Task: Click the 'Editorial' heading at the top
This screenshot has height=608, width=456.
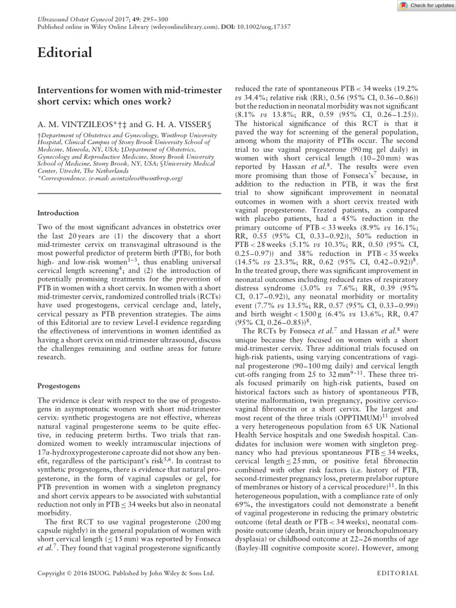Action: [x=65, y=53]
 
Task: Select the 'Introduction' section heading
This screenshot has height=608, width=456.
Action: [x=58, y=213]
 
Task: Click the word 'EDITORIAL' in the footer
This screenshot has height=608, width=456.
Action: [x=398, y=573]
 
